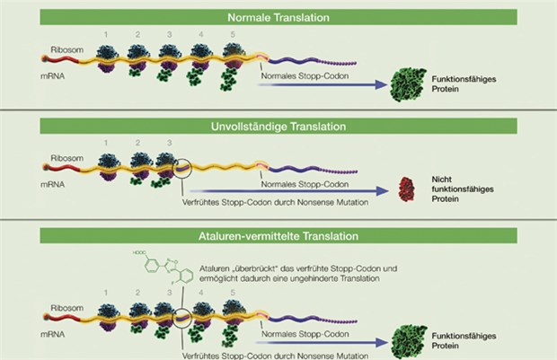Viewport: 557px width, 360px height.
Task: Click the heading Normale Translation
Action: (x=278, y=16)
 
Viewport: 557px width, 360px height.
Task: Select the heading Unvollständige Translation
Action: (x=278, y=126)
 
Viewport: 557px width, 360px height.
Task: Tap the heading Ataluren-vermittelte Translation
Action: (x=278, y=236)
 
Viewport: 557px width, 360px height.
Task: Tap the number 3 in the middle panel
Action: (x=164, y=142)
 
